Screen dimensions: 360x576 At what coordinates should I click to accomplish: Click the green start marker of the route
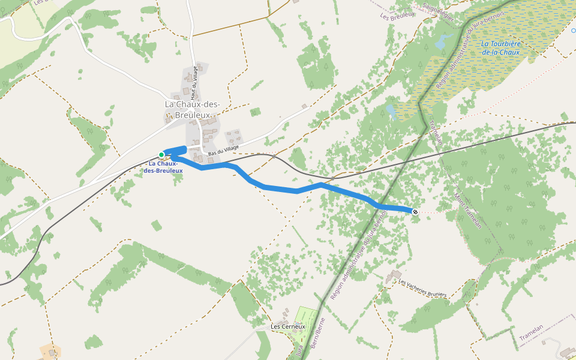coord(161,155)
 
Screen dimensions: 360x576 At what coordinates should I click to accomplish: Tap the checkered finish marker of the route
coord(415,211)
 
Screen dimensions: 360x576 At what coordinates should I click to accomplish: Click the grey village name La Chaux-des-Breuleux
coord(192,109)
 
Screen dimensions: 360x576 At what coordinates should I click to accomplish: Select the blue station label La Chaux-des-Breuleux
coord(163,167)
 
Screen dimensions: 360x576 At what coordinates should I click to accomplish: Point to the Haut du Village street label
coord(194,83)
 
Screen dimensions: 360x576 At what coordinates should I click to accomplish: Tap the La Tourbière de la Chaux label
coord(500,48)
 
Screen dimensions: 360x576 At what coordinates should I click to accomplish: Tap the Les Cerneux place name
coord(288,327)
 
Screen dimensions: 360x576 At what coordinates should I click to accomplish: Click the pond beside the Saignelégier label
coord(441,41)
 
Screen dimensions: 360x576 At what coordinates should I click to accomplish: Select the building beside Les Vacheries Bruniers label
coord(394,277)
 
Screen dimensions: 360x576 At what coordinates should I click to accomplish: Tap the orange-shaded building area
coord(50,352)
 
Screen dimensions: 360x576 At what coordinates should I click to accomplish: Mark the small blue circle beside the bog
coord(573,30)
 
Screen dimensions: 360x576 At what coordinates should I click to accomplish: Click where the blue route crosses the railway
coord(323,184)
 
